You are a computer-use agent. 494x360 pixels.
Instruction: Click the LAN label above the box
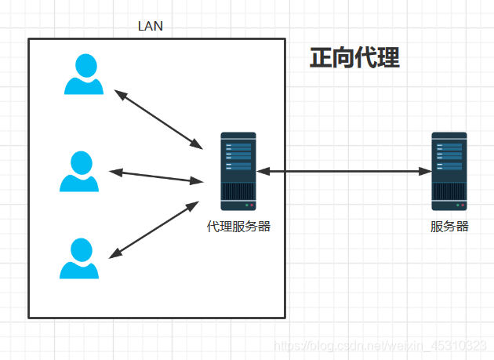click(150, 26)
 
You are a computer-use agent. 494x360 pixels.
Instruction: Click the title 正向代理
click(354, 58)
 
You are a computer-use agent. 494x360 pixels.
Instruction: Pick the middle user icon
click(79, 172)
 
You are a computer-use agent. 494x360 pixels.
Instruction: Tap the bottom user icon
click(79, 259)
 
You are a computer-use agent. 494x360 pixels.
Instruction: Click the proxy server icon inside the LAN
click(238, 171)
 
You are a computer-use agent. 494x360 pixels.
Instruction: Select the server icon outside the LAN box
click(449, 171)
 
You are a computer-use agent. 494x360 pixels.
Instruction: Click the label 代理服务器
click(238, 227)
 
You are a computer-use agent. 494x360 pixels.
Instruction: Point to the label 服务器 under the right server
click(449, 227)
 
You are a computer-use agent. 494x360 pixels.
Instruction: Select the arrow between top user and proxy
click(158, 118)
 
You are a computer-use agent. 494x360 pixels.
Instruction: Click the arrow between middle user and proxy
click(156, 176)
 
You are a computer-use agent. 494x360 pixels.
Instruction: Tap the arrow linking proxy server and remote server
click(344, 170)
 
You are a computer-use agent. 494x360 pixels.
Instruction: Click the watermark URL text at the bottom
click(384, 346)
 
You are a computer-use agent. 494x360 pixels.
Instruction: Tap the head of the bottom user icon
click(80, 249)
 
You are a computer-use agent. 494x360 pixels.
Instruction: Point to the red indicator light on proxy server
click(252, 205)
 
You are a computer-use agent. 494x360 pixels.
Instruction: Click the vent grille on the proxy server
click(238, 191)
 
